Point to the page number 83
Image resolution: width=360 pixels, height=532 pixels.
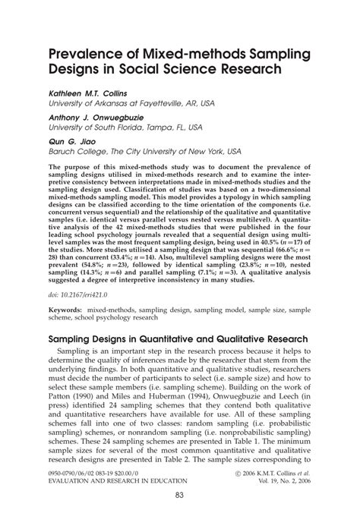tap(179, 517)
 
